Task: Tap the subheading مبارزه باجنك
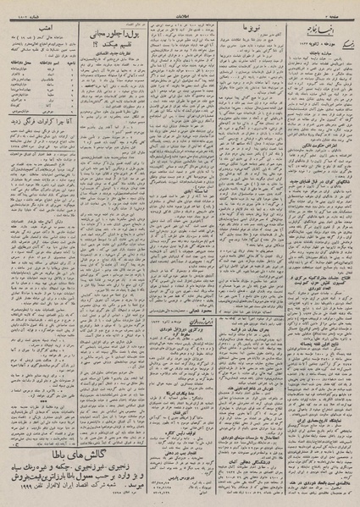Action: [x=322, y=51]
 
